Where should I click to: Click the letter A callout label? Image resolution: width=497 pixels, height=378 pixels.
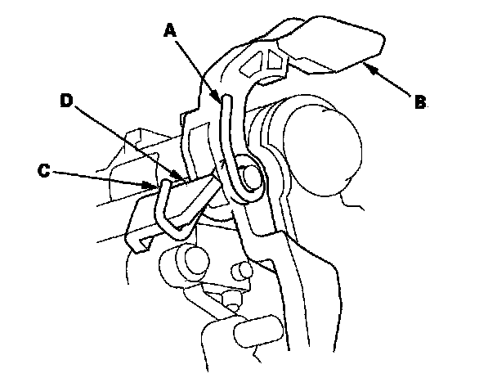point(170,30)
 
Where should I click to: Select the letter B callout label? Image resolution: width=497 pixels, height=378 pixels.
point(419,102)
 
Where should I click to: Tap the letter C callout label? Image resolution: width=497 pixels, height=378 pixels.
point(46,172)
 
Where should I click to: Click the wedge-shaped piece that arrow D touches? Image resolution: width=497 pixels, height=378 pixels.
point(193,192)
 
